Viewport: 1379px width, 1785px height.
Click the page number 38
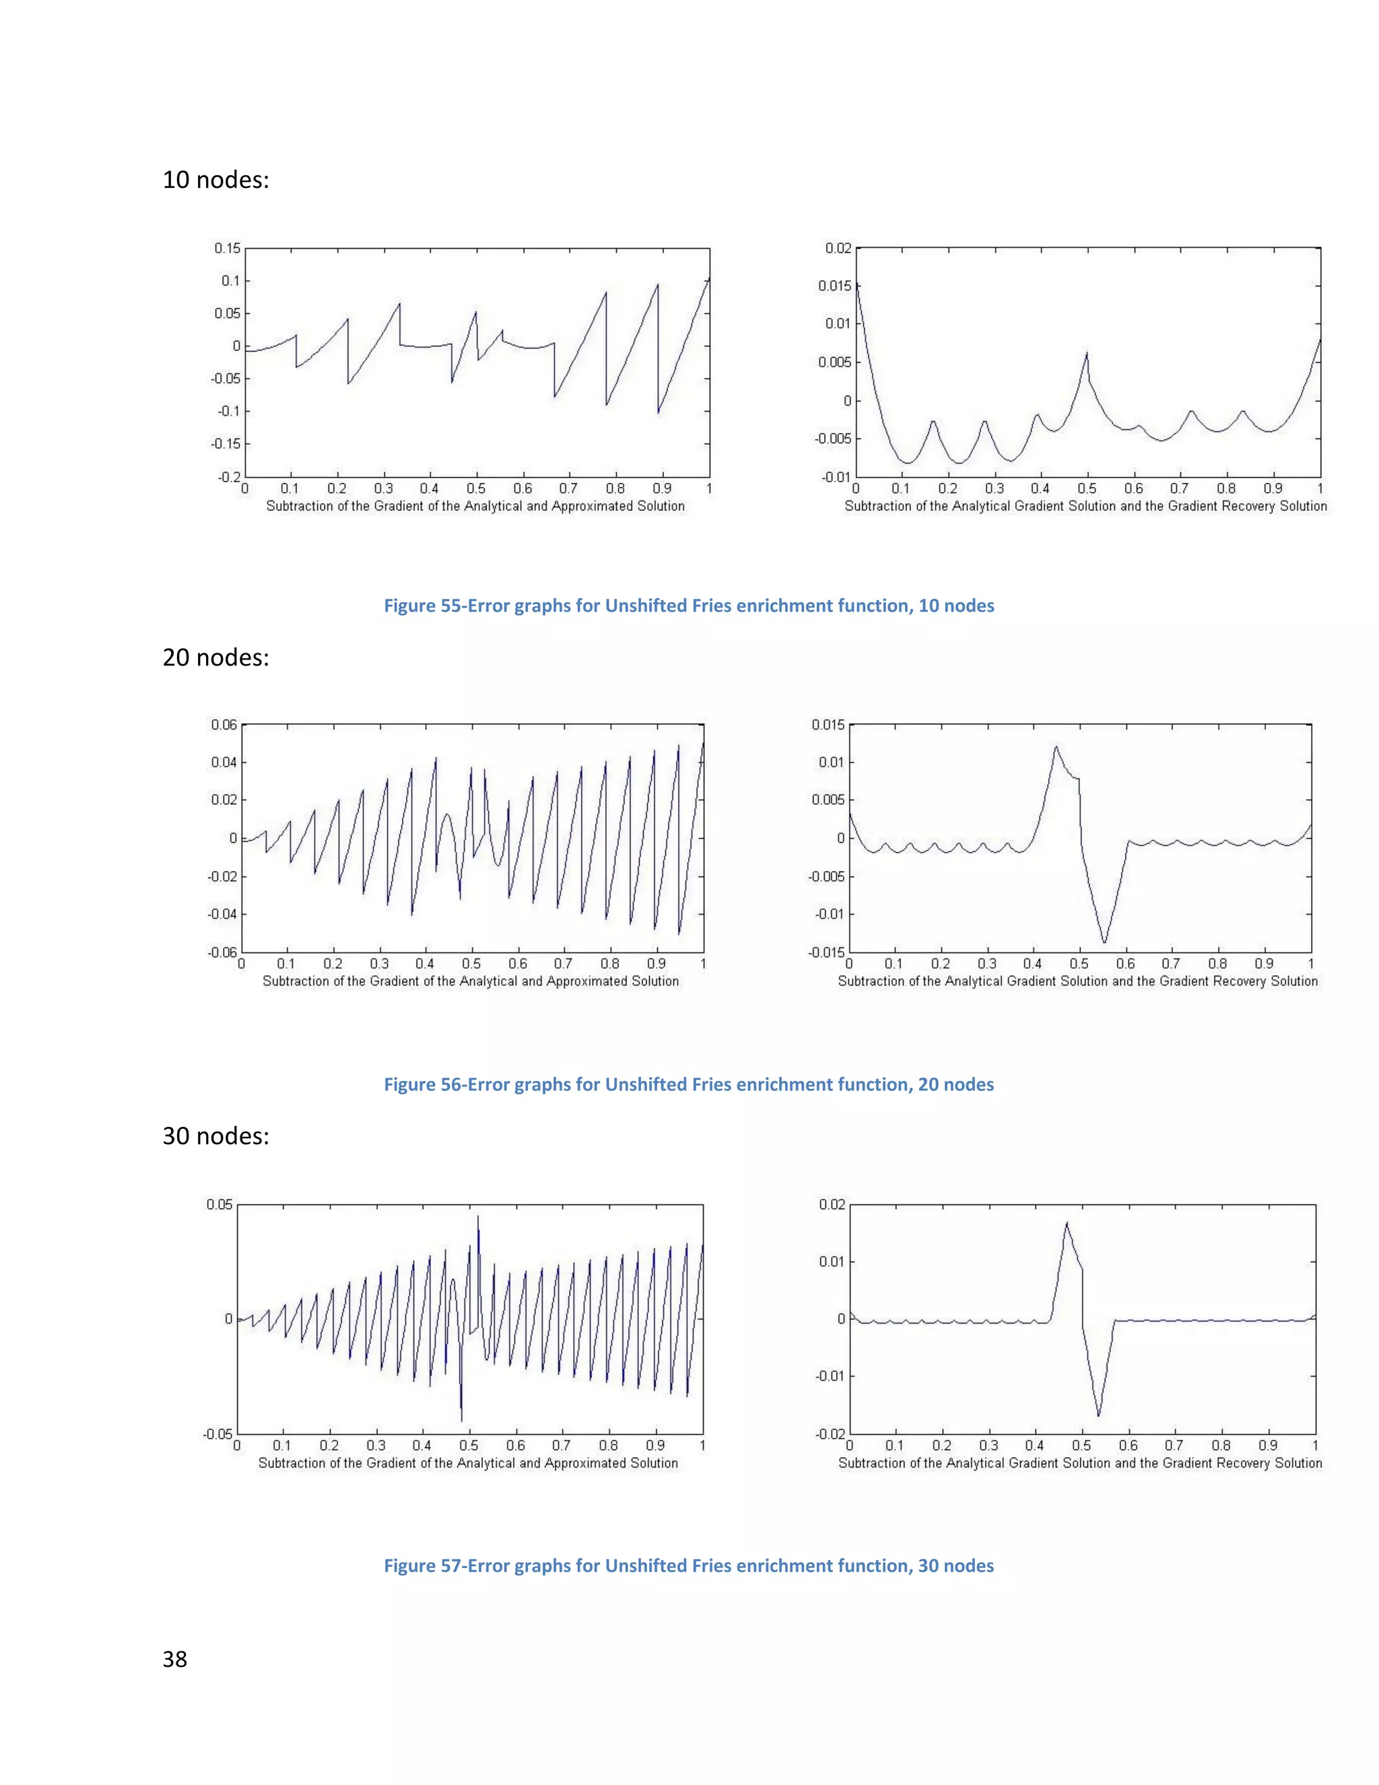175,1658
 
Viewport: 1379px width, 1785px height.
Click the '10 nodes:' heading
215,179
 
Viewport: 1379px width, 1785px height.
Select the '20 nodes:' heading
215,657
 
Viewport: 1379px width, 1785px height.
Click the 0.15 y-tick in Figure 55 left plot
227,249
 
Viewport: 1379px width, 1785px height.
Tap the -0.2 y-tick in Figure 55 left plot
230,476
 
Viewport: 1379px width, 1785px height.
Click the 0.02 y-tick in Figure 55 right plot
838,249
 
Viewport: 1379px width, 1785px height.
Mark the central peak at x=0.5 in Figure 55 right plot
1087,353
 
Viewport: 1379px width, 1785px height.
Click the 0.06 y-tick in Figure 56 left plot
223,725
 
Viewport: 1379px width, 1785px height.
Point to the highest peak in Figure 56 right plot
1056,746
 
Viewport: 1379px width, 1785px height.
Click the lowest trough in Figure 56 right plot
1104,942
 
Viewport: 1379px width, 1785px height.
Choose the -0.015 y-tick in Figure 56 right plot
828,953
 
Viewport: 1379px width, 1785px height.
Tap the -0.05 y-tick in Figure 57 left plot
218,1433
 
